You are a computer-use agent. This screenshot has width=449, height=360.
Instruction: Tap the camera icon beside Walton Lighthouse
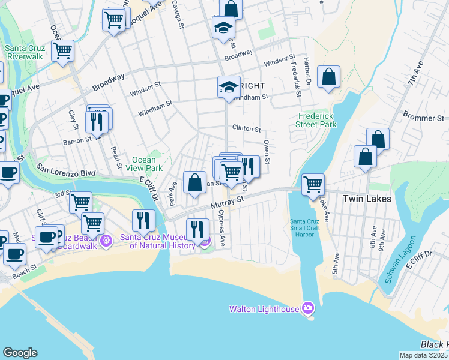click(308, 308)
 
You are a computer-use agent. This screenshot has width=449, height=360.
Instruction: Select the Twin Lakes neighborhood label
click(366, 199)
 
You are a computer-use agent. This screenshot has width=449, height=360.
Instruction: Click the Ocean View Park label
click(144, 164)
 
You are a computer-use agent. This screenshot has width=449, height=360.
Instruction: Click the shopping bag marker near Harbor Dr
click(328, 77)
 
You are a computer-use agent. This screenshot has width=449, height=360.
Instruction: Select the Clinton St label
click(246, 128)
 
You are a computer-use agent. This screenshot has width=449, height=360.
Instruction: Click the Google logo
click(20, 353)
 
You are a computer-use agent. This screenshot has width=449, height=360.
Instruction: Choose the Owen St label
click(267, 152)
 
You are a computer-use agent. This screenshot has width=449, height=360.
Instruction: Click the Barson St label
click(77, 140)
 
